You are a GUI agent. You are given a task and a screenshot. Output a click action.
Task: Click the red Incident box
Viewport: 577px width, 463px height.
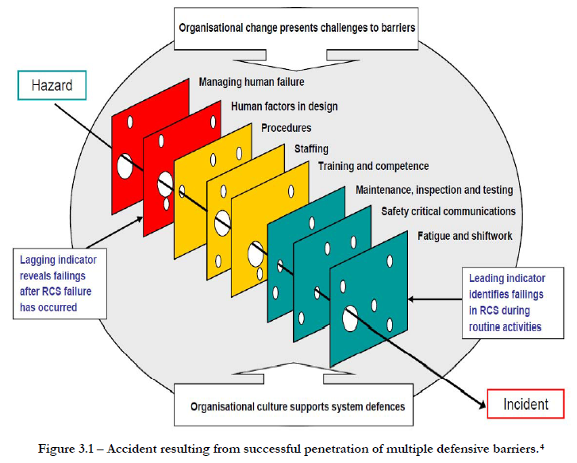pyautogui.click(x=525, y=404)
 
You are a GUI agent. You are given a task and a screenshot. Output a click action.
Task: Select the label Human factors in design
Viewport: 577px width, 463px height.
pyautogui.click(x=283, y=106)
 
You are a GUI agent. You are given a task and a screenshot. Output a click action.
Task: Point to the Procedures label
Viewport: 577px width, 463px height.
pyautogui.click(x=286, y=127)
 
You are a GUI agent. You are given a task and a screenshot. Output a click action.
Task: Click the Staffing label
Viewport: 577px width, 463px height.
pyautogui.click(x=310, y=149)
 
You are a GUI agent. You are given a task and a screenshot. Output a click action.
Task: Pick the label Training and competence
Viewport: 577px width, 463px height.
pyautogui.click(x=373, y=166)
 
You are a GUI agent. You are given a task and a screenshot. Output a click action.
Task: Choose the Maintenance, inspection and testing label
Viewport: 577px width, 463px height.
pyautogui.click(x=433, y=190)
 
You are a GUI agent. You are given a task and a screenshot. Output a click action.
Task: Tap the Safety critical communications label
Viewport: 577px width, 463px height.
pyautogui.click(x=448, y=211)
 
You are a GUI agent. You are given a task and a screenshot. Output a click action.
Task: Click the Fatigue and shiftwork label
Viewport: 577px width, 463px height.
pyautogui.click(x=464, y=236)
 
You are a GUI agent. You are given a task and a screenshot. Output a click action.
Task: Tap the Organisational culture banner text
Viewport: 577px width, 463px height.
pyautogui.click(x=297, y=406)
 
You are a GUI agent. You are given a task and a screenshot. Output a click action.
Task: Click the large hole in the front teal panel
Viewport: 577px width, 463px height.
pyautogui.click(x=349, y=318)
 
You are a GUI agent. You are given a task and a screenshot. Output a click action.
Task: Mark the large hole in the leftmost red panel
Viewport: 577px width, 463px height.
pyautogui.click(x=125, y=167)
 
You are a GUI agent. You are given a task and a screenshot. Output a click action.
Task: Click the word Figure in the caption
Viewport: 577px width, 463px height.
pyautogui.click(x=56, y=449)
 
